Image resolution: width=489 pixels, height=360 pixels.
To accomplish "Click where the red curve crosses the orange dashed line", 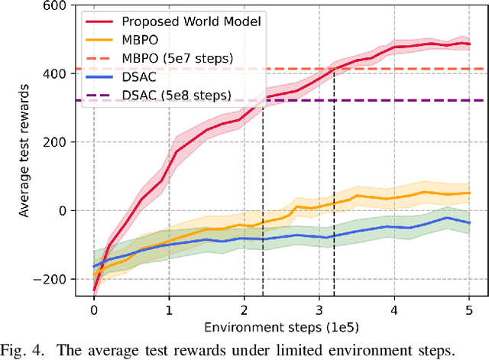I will [334, 69].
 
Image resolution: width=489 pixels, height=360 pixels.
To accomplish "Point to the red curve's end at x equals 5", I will [469, 44].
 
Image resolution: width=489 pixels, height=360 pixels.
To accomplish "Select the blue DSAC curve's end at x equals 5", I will [469, 222].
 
